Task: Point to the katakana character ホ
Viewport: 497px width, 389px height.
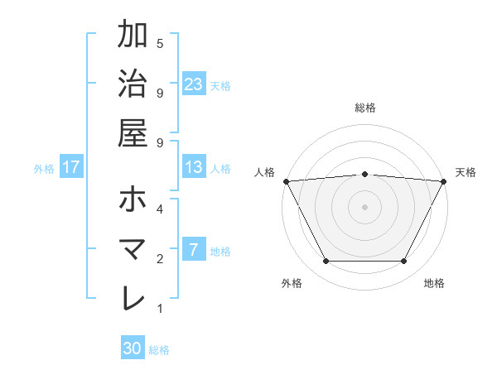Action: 133,199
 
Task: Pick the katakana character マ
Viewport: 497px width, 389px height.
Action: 133,249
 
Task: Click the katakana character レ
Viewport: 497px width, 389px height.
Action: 133,298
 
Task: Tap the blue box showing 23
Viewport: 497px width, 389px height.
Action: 194,84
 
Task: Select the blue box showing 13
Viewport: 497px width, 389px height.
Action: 194,167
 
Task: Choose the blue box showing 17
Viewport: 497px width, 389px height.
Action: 71,167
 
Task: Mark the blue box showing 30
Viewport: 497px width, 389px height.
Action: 133,348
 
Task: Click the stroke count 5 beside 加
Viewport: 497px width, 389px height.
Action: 160,43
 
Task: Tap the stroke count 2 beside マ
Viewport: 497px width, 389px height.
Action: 160,258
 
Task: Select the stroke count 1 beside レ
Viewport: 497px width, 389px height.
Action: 160,310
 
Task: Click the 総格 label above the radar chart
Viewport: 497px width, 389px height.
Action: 365,108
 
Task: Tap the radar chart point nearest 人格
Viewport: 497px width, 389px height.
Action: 287,181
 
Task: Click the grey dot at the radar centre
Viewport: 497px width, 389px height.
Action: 365,206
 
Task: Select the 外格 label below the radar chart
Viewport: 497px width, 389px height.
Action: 292,284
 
